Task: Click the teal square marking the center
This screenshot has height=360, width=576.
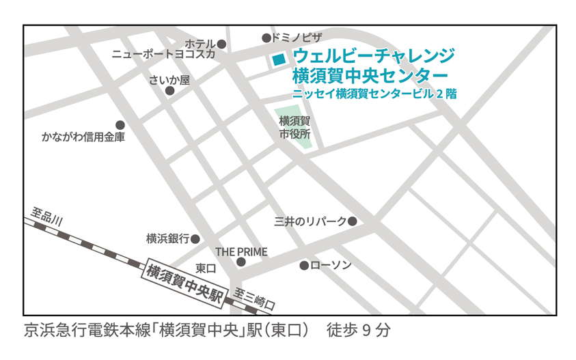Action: click(x=277, y=59)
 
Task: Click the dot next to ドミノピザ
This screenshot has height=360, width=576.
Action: click(x=266, y=38)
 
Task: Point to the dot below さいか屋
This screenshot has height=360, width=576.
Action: click(x=169, y=91)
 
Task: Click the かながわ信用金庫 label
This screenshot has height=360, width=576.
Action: click(x=83, y=137)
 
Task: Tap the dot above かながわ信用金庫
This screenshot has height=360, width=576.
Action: click(x=120, y=125)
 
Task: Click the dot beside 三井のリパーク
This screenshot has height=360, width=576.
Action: click(x=353, y=221)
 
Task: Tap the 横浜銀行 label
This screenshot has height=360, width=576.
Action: click(x=167, y=239)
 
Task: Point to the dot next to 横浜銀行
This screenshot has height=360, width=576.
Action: click(x=195, y=239)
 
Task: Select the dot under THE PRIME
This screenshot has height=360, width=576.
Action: click(x=241, y=262)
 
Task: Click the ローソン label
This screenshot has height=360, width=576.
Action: click(x=331, y=264)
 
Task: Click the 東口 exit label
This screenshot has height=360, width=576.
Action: click(x=206, y=268)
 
